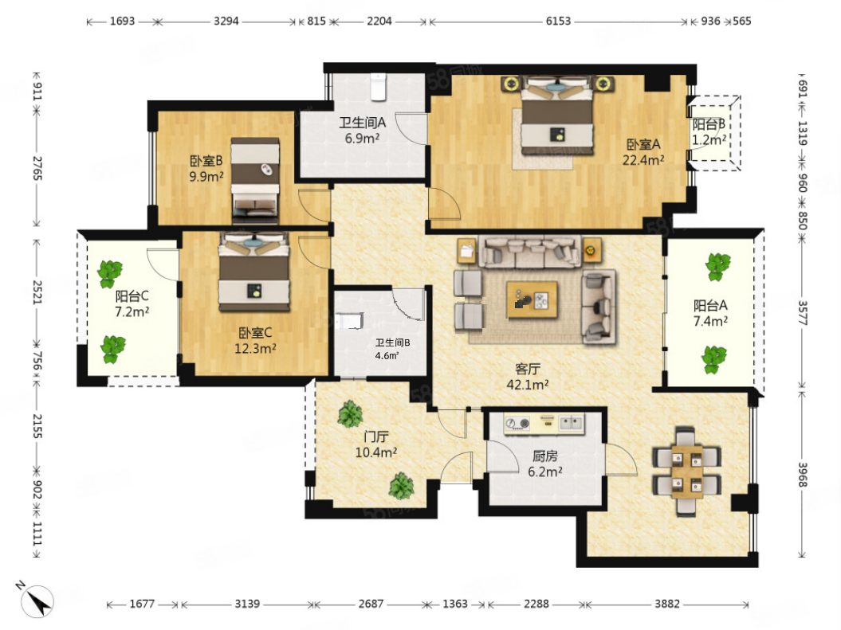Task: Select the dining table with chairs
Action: [x=686, y=472]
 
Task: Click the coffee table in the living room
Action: [x=532, y=300]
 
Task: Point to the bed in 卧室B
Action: [x=255, y=180]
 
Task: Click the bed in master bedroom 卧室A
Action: [x=558, y=115]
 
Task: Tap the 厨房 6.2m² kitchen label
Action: [x=545, y=464]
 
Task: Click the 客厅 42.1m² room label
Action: [x=527, y=377]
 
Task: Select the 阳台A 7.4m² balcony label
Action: [x=710, y=313]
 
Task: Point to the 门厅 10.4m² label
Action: [x=376, y=444]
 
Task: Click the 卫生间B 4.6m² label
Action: [x=392, y=349]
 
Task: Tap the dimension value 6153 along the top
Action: [x=558, y=21]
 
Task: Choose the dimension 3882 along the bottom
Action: [x=666, y=604]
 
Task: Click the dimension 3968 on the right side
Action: [x=802, y=475]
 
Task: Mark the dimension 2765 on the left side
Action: [x=37, y=168]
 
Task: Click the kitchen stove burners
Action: [x=517, y=424]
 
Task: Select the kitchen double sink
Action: [x=571, y=423]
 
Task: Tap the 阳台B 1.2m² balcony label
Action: [x=709, y=131]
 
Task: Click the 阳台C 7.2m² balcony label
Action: [x=132, y=303]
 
